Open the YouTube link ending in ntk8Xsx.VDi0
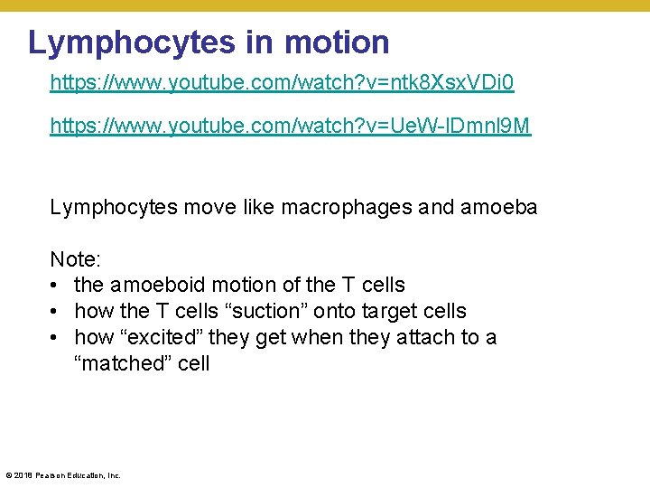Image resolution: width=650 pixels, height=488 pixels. click(282, 83)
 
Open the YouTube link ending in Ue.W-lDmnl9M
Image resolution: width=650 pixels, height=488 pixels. click(291, 127)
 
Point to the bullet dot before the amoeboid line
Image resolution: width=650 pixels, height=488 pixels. click(56, 286)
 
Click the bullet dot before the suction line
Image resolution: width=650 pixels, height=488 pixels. click(56, 312)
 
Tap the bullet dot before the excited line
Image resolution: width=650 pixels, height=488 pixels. click(56, 338)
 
